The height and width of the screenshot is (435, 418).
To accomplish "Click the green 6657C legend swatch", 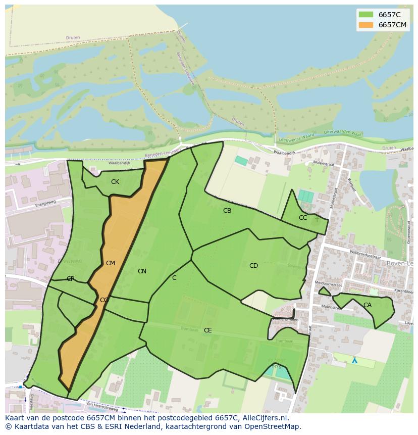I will [365, 15].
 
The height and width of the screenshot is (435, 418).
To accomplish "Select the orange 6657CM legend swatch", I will [365, 25].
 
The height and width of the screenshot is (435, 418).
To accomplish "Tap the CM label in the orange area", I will [111, 263].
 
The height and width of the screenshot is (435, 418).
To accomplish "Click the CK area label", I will [115, 182].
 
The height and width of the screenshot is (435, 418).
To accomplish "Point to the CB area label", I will [227, 211].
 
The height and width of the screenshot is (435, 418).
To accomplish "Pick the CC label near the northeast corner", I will [303, 218].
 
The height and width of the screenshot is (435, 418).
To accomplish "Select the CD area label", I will [253, 266].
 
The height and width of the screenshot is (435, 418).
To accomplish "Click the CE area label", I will [207, 330].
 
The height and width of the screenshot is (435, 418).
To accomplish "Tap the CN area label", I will [142, 271].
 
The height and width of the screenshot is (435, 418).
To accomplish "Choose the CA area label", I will [368, 305].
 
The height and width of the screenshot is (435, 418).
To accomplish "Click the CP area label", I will [71, 279].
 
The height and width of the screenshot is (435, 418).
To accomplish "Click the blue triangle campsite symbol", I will [354, 361].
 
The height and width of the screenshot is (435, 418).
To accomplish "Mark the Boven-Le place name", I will [400, 263].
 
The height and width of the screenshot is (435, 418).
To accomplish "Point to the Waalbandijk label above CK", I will [119, 163].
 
